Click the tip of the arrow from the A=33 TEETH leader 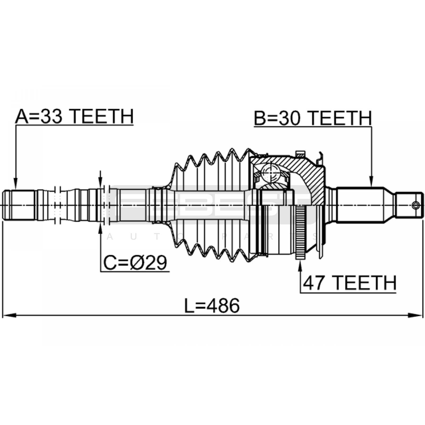pyautogui.click(x=16, y=189)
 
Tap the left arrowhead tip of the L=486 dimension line pyautogui.click(x=2, y=316)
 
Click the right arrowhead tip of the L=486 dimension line pyautogui.click(x=422, y=316)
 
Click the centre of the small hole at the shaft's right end pyautogui.click(x=416, y=205)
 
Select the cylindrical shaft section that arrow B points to pyautogui.click(x=360, y=205)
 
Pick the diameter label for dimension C pyautogui.click(x=135, y=263)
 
